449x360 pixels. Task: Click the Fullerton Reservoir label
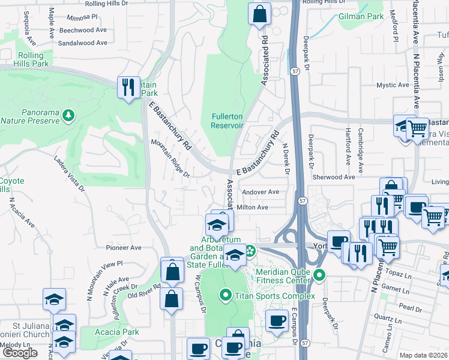click(226, 121)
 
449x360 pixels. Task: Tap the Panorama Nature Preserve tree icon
click(69, 114)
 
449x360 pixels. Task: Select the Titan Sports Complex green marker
click(225, 295)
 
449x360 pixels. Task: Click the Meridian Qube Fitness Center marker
click(320, 277)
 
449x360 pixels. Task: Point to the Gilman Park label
click(361, 17)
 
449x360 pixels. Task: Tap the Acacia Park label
click(117, 332)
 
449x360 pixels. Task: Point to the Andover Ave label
click(261, 192)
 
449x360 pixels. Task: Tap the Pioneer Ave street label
click(123, 247)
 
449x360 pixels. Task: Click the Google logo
click(20, 353)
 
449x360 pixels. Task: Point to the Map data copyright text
click(424, 355)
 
